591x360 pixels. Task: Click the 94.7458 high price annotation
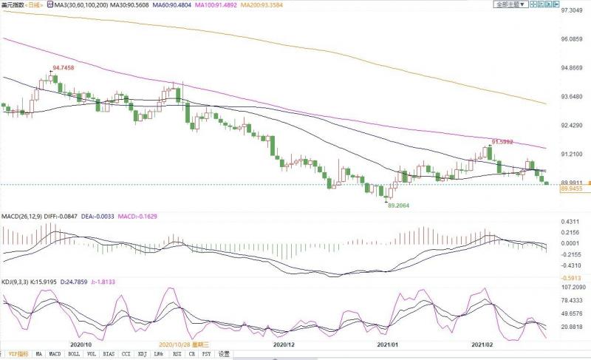64,67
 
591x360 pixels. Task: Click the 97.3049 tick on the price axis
573,11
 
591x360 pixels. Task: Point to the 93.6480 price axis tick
573,97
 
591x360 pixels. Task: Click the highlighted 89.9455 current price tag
573,189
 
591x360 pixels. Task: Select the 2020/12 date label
284,344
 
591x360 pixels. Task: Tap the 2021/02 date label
484,344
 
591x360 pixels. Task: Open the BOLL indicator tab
75,354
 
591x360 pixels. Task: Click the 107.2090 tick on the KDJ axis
573,287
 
